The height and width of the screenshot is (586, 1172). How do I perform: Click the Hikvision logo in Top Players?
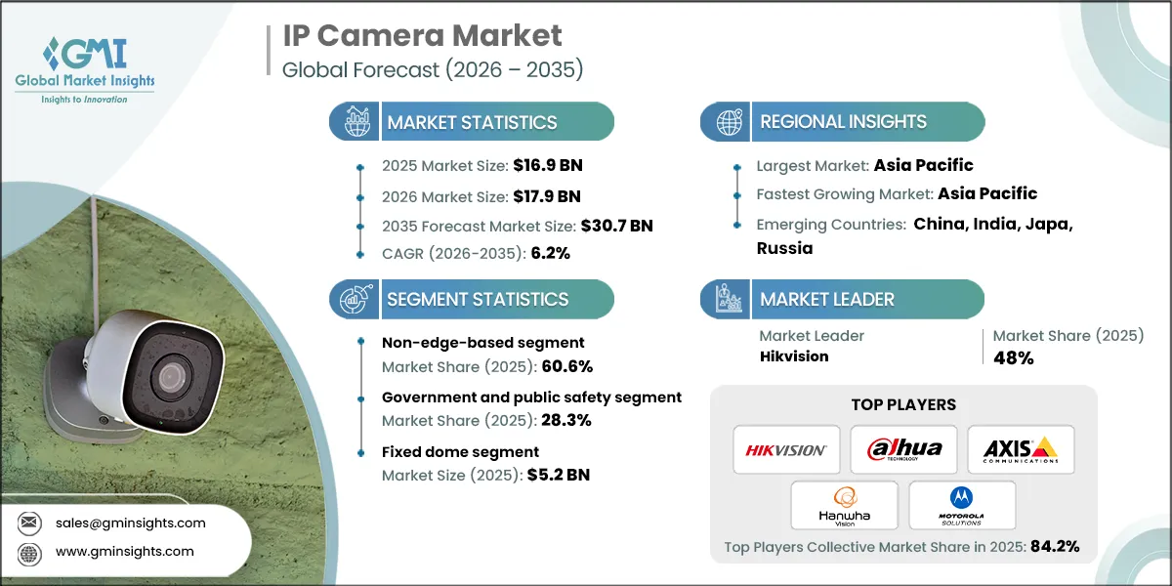pos(786,449)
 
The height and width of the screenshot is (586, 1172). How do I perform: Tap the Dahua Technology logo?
pos(903,449)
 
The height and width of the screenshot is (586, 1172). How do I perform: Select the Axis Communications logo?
pos(1021,449)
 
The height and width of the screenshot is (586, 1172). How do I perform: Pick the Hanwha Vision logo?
pos(845,505)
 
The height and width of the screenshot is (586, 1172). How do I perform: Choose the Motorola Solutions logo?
pos(962,505)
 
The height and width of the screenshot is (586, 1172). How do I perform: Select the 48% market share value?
pos(1013,357)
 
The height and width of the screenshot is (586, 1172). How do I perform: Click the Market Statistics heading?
pos(472,122)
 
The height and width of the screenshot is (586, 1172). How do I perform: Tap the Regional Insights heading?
pos(843,122)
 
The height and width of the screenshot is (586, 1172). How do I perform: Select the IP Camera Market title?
pos(422,36)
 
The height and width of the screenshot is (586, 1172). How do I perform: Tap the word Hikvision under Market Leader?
pos(794,356)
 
